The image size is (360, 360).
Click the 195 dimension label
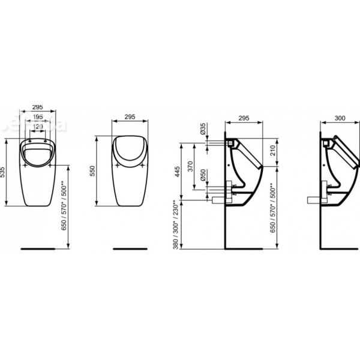tap(37, 116)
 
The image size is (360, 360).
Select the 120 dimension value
tap(37, 127)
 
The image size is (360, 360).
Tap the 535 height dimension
tap(5, 173)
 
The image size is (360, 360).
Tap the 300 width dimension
tap(340, 119)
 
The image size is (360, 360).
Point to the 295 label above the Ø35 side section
tap(244, 119)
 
